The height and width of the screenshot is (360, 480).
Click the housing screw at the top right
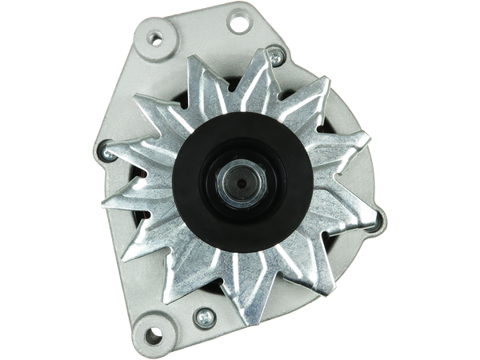(276, 56)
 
